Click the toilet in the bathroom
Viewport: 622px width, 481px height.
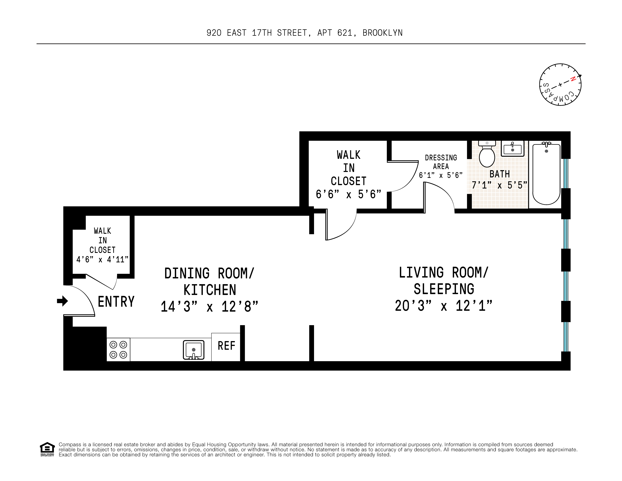[x=487, y=155]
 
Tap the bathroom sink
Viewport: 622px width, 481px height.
[x=512, y=149]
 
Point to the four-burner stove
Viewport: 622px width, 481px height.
[x=118, y=350]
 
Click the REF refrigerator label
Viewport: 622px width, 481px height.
[x=226, y=346]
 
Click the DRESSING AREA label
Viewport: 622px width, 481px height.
[x=441, y=162]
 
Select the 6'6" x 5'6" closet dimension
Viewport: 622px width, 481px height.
[x=348, y=194]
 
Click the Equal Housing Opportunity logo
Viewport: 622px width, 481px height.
[x=47, y=449]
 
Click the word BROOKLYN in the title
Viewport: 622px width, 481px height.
[x=382, y=33]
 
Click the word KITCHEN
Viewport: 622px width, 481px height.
[x=210, y=290]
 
